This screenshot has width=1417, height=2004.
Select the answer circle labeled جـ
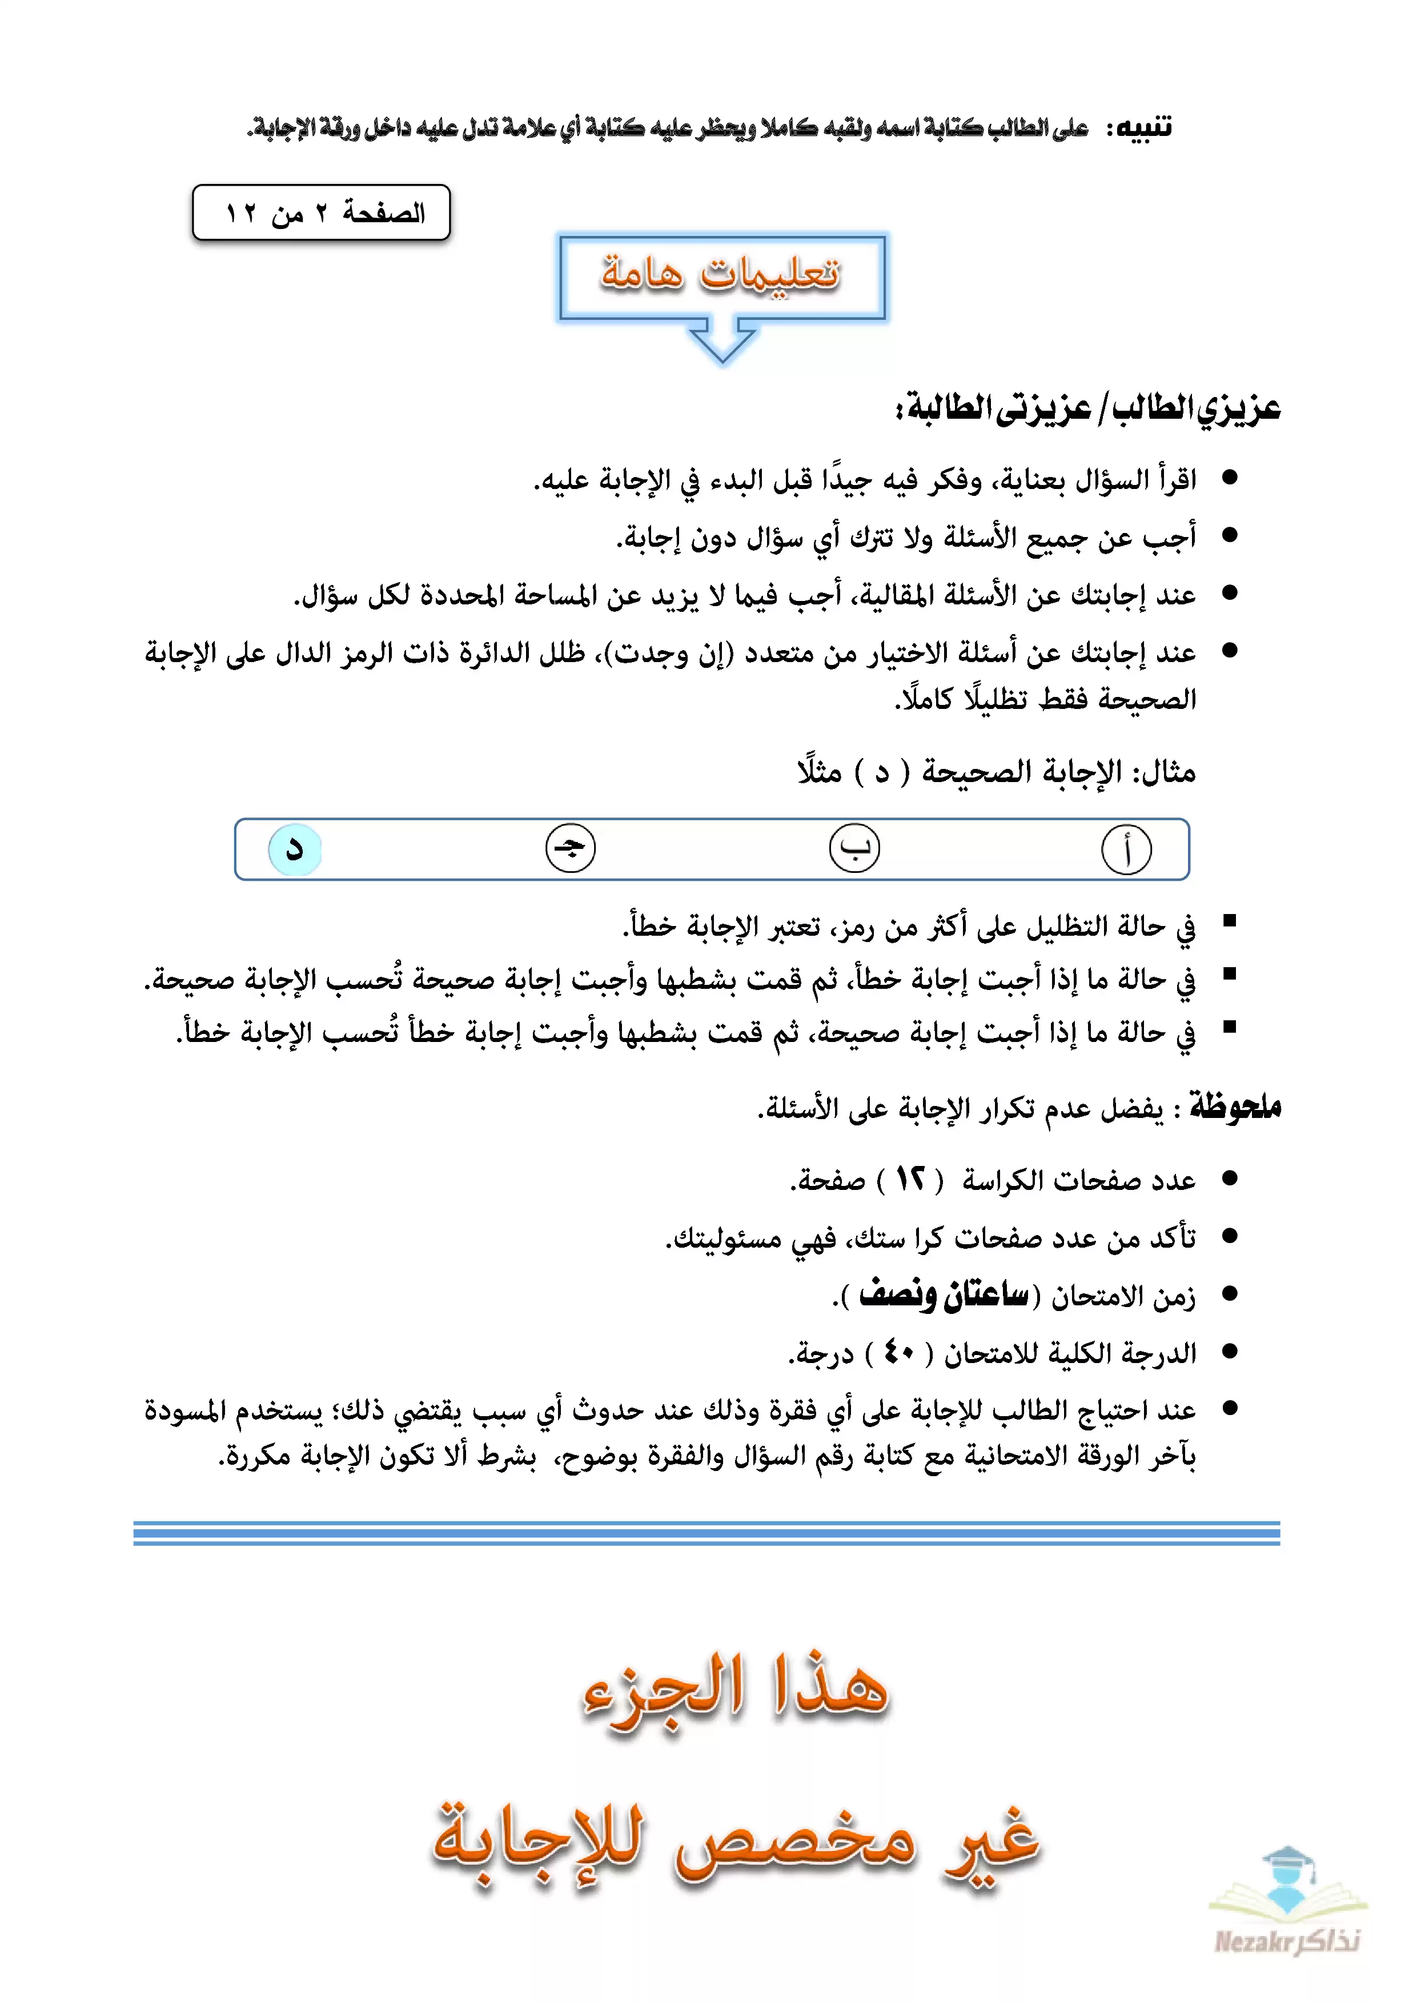coord(571,848)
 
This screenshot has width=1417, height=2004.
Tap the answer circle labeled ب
coord(854,848)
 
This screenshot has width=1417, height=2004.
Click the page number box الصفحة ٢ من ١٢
coord(321,212)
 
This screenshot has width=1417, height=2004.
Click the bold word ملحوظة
coord(1235,1107)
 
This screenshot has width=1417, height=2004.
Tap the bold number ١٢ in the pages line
coord(910,1179)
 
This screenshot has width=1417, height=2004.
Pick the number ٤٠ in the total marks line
coord(899,1352)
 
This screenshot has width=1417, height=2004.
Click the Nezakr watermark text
coord(1287,1942)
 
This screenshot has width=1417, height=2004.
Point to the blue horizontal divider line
coord(707,1533)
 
